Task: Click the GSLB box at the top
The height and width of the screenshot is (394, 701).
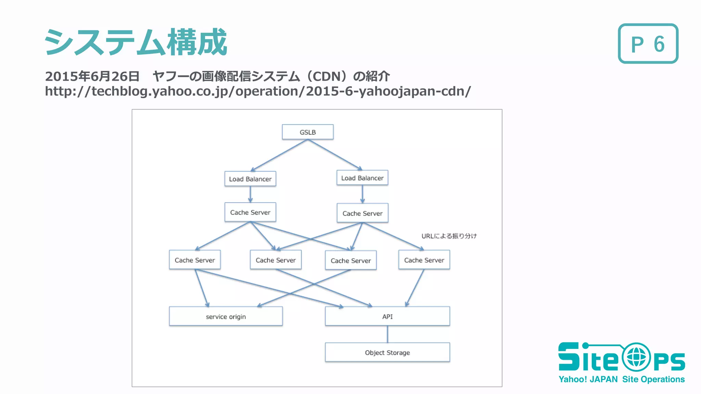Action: pos(307,132)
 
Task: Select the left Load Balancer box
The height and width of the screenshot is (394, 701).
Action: pos(250,179)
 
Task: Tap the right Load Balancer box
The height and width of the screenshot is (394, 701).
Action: pos(362,178)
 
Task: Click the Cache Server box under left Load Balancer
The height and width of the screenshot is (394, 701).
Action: pos(250,212)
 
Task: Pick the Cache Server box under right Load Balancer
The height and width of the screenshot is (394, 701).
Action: pos(362,213)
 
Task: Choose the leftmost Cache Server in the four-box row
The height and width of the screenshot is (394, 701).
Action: pos(195,260)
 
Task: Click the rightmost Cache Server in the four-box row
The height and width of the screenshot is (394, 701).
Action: pos(424,260)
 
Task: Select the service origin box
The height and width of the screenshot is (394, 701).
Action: pos(226,316)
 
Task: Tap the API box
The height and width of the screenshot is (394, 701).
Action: pos(387,316)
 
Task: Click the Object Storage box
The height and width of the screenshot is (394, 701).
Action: pos(387,352)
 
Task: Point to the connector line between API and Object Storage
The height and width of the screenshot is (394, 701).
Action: pos(387,334)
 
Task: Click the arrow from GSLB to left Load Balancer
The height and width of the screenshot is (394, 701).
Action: pos(279,156)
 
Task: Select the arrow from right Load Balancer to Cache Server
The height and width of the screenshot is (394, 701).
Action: pos(362,194)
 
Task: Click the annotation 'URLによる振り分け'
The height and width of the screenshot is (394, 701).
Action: pos(449,236)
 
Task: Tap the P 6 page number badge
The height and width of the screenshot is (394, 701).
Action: pos(648,44)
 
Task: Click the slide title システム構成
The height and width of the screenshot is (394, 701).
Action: pos(136,42)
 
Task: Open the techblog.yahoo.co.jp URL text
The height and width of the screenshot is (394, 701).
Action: pos(258,91)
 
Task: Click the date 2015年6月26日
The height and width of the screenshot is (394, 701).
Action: pos(92,76)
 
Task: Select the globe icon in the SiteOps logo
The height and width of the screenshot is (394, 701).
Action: pos(636,357)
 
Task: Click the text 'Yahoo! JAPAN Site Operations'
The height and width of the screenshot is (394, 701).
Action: pos(621,379)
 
